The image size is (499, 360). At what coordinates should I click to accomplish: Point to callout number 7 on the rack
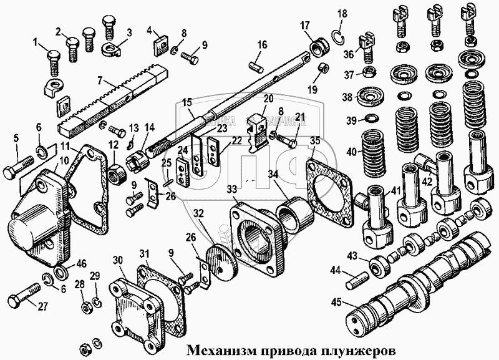point(100,79)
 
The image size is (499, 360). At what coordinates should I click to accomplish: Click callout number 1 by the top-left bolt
point(35,42)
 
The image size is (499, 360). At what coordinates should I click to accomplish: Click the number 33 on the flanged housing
point(231,188)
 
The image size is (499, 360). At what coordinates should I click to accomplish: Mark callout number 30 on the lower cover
point(118,260)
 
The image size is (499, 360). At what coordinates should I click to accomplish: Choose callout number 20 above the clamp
point(268,98)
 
